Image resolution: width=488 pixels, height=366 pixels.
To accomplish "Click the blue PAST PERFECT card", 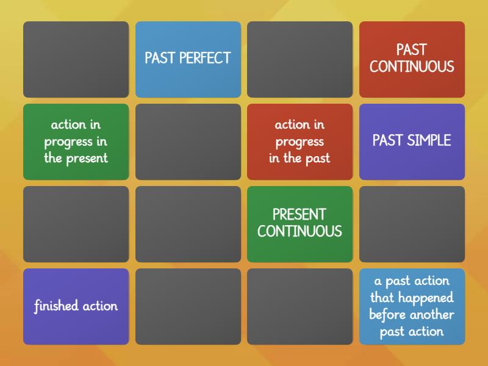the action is point(188,59).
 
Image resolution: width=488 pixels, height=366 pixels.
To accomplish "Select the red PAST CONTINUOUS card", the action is point(412,59).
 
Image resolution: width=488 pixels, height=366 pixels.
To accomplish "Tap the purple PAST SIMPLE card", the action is point(412,142).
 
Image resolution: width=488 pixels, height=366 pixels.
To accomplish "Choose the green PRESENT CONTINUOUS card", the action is point(300,224).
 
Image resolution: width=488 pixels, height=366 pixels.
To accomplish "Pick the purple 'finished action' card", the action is point(76,306).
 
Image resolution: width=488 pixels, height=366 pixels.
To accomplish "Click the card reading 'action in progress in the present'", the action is point(76,142).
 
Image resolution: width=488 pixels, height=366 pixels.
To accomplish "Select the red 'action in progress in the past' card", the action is point(300,142).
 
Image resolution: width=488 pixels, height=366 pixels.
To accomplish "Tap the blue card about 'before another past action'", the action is point(412,306).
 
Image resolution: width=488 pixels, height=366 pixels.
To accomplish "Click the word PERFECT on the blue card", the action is point(205,58).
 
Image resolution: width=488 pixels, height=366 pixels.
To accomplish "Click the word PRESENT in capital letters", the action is point(299,214).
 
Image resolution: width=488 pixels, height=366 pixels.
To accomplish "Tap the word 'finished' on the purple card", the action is point(56,306).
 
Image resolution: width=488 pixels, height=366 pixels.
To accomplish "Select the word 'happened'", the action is point(426,298).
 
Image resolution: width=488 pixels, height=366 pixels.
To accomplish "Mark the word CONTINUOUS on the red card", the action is point(412,66).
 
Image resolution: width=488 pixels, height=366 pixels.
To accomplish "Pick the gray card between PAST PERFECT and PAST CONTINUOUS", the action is point(300,59).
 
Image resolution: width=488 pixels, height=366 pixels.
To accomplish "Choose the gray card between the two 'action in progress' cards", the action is point(188,142).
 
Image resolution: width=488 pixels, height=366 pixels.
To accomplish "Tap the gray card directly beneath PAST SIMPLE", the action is point(412,224).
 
